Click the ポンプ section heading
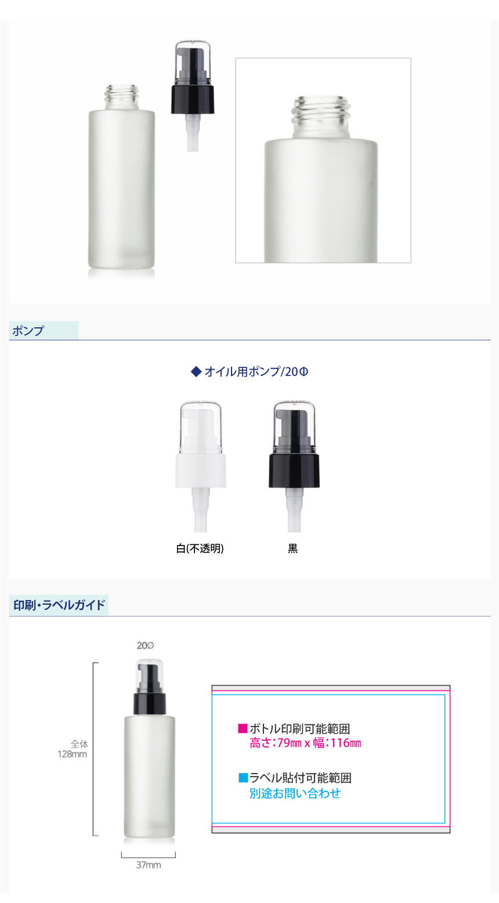[x=28, y=331]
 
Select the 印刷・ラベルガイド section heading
[x=59, y=605]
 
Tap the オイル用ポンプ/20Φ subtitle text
[x=256, y=371]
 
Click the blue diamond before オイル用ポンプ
[x=196, y=371]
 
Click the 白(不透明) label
[x=200, y=548]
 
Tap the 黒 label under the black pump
[x=292, y=548]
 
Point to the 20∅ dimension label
[x=145, y=645]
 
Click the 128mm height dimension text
[x=72, y=754]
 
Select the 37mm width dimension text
[x=149, y=865]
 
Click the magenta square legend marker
[x=243, y=728]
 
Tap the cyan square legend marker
[x=243, y=777]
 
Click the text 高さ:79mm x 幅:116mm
[x=305, y=743]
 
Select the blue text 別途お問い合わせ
[x=295, y=793]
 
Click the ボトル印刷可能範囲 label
[x=299, y=728]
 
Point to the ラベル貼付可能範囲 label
[x=301, y=778]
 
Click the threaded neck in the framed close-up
[x=321, y=117]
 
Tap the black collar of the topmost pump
[x=192, y=99]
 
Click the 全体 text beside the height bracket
[x=79, y=744]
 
